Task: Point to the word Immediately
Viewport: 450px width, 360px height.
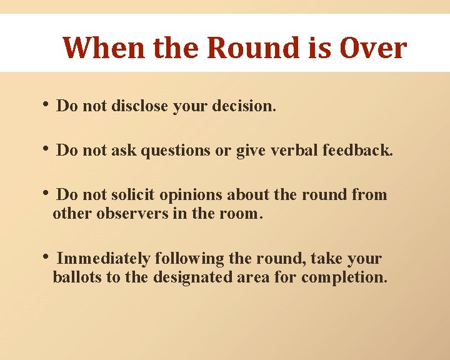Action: (103, 259)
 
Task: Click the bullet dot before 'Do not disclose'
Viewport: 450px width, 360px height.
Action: (46, 106)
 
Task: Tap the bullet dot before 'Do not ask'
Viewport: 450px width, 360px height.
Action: (46, 150)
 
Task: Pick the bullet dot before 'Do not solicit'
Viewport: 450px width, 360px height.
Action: (46, 194)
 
